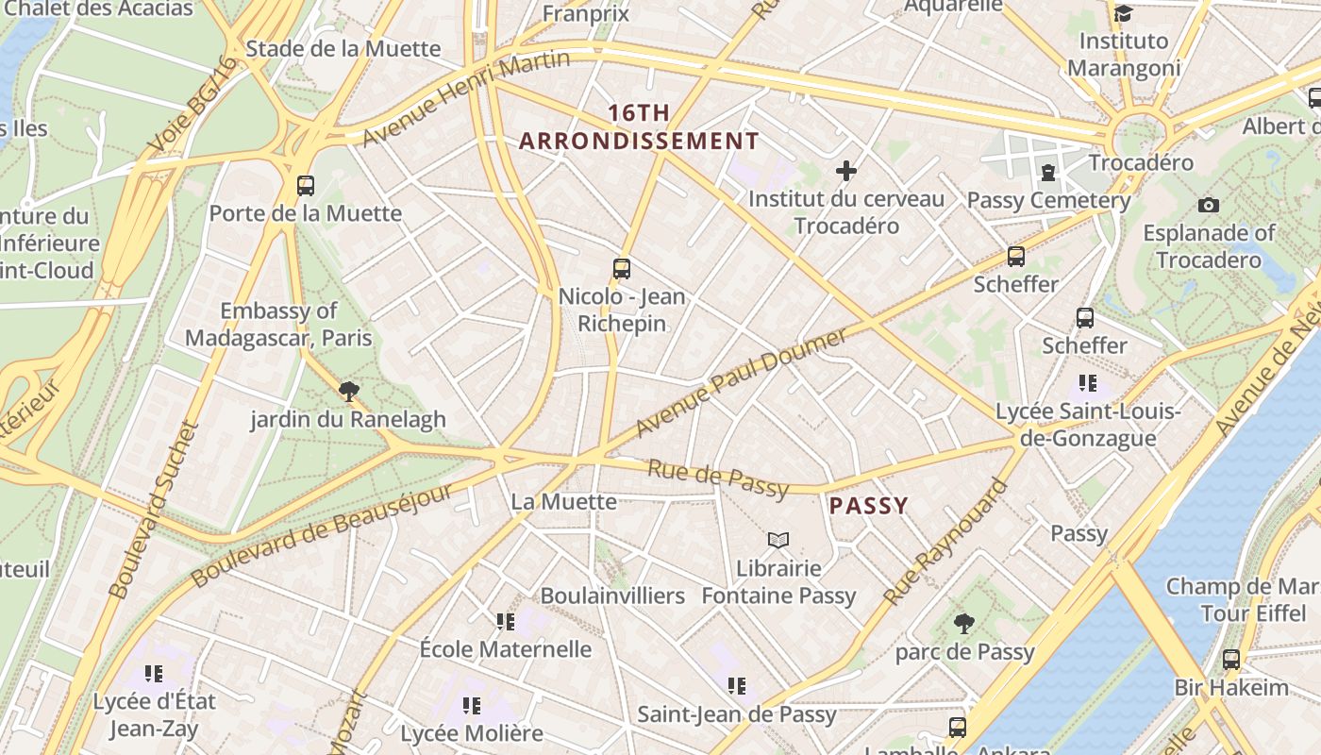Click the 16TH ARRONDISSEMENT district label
639,127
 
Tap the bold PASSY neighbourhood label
868,506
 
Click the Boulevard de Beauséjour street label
322,535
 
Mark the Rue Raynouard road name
945,544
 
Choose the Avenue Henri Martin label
467,98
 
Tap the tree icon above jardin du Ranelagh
349,391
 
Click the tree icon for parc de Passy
963,624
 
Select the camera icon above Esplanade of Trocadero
1208,205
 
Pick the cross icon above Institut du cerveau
846,171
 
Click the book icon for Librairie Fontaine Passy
778,540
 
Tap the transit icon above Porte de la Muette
305,185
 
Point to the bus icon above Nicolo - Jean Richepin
621,268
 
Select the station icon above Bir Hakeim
1230,660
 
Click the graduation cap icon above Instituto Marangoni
1123,13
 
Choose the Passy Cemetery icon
1047,173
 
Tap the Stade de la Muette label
343,48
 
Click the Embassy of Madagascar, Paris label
278,325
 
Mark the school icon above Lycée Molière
472,705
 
